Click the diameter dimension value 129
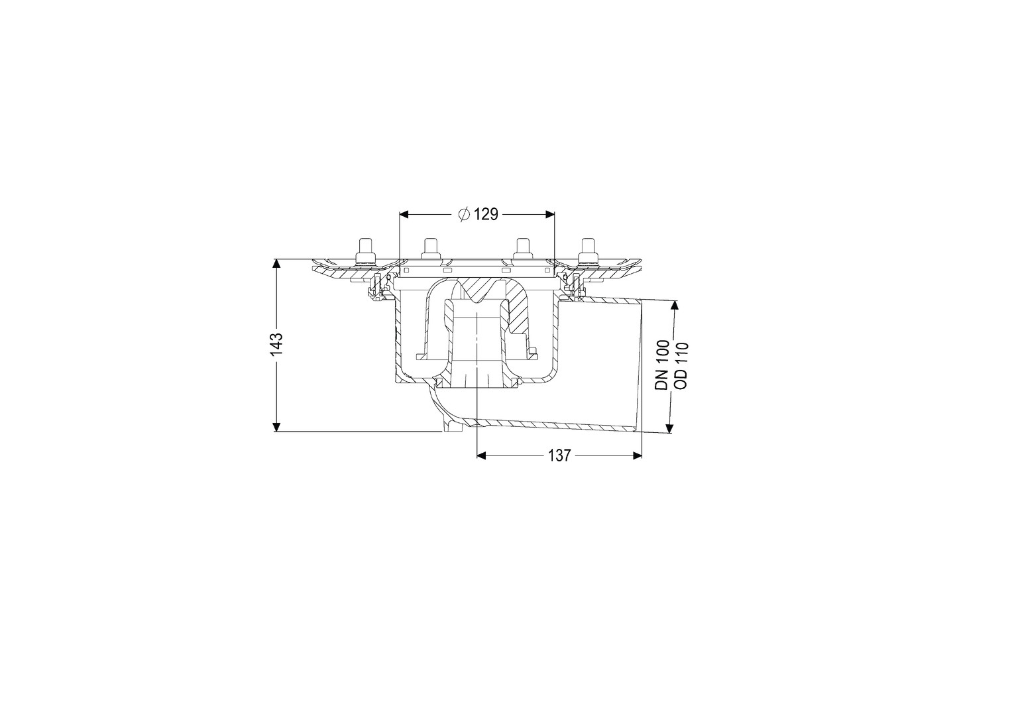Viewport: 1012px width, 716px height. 486,214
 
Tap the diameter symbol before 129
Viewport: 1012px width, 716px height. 464,214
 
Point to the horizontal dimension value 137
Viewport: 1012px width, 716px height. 560,455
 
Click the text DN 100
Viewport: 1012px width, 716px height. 662,365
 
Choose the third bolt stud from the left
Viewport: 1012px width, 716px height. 523,249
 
